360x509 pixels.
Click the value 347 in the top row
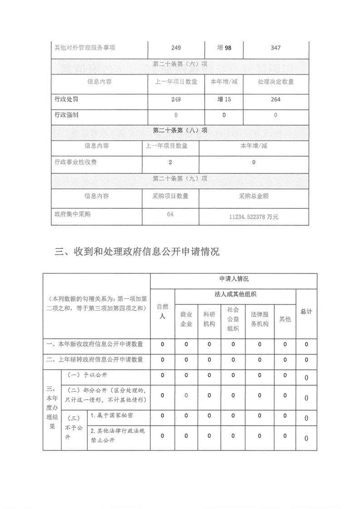pyautogui.click(x=276, y=48)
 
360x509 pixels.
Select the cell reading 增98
pyautogui.click(x=224, y=48)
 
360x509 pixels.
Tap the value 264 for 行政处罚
pyautogui.click(x=276, y=99)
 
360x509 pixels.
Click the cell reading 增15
pyautogui.click(x=224, y=99)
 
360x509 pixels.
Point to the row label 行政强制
pyautogui.click(x=66, y=115)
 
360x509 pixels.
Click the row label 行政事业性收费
pyautogui.click(x=76, y=162)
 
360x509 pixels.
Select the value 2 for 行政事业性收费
pyautogui.click(x=170, y=162)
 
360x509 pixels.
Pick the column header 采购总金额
pyautogui.click(x=254, y=196)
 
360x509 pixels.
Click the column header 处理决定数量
pyautogui.click(x=276, y=82)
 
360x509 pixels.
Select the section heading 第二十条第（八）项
pyautogui.click(x=180, y=130)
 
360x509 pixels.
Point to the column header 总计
pyautogui.click(x=306, y=311)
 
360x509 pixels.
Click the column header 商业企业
pyautogui.click(x=186, y=319)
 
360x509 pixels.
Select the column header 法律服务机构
pyautogui.click(x=260, y=319)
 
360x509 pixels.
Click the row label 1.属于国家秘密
pyautogui.click(x=112, y=415)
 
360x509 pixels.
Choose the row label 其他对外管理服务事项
pyautogui.click(x=84, y=48)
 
